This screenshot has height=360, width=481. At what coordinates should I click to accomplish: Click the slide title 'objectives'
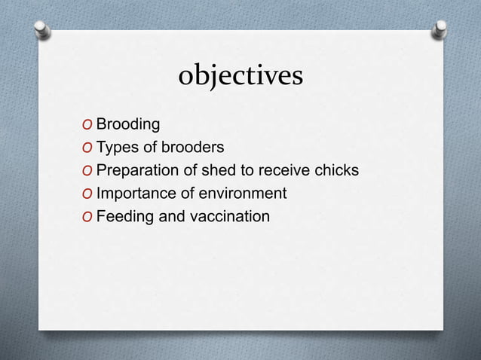240,76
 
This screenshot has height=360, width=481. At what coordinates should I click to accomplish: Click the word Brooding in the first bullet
127,124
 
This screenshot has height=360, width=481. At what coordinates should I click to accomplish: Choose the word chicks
336,170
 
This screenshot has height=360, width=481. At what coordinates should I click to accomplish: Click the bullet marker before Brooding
88,124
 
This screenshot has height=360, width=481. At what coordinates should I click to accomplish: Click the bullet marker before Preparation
88,171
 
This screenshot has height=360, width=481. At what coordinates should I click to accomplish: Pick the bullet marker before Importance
88,194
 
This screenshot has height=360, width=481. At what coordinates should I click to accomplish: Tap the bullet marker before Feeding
88,218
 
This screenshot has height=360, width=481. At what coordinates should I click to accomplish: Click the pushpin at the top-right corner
439,29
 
